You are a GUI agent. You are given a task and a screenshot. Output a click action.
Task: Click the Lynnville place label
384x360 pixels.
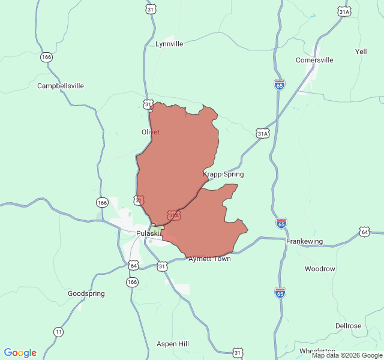[x=169, y=44]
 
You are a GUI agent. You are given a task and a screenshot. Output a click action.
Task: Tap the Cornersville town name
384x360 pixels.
[x=314, y=60]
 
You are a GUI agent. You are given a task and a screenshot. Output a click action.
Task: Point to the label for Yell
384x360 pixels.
[x=361, y=52]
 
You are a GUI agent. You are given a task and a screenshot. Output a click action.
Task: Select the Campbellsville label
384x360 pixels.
[x=61, y=86]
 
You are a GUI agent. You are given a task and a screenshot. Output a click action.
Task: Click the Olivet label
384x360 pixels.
[x=150, y=132]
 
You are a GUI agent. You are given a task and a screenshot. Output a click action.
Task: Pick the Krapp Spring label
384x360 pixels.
[x=223, y=174]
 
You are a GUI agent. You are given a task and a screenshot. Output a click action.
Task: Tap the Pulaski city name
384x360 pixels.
[x=148, y=233]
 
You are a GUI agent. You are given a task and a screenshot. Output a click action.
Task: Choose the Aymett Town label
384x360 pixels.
[x=209, y=259]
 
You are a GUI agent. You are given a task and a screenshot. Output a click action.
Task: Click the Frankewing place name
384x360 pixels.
[x=304, y=241]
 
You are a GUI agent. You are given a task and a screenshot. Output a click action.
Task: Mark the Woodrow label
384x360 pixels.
[x=320, y=269]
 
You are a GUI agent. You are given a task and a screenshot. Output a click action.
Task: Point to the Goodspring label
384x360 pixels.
[x=86, y=293]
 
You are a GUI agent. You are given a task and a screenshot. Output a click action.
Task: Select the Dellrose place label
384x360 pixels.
[x=348, y=326]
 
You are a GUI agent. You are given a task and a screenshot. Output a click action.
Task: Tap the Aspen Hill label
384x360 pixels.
[x=172, y=344]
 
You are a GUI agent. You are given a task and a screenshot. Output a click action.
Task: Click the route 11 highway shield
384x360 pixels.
[x=58, y=331]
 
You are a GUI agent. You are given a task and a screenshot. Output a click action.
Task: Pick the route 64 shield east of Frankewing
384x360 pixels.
[x=365, y=232]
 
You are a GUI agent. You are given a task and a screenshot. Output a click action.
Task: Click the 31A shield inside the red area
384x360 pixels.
[x=173, y=214]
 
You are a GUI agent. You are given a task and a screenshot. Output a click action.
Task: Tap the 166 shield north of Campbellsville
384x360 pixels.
[x=47, y=57]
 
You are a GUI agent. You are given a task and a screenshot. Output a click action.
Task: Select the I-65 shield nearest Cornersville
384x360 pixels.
[x=280, y=85]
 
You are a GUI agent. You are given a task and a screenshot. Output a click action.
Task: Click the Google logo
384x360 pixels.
[x=20, y=353]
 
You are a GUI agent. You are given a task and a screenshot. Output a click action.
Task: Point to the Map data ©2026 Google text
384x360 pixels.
[x=347, y=356]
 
